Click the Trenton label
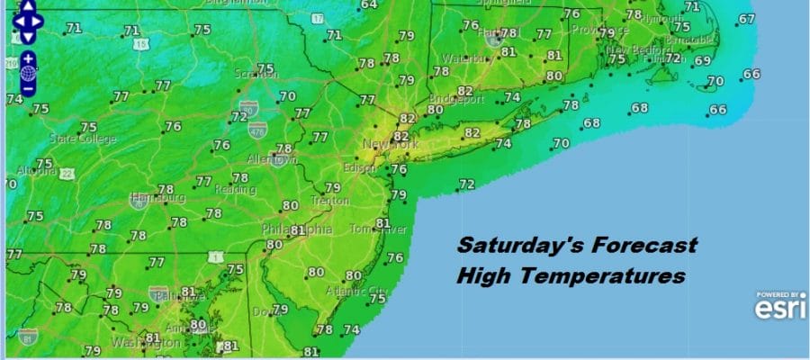tap(331, 202)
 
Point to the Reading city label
tap(235, 190)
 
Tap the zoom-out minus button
tap(28, 88)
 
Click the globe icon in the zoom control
tap(28, 72)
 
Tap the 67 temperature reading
tap(746, 19)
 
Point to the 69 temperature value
tap(702, 60)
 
